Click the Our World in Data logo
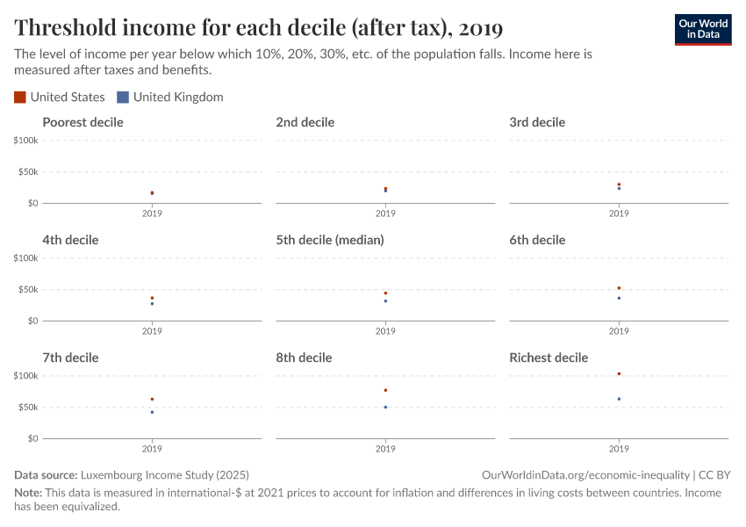pos(702,29)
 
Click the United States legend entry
pos(60,97)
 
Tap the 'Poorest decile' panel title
pos(82,122)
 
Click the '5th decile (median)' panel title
pos(330,240)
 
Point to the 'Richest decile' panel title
pos(549,357)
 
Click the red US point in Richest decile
pos(619,374)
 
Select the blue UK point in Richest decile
pos(619,399)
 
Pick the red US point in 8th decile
pos(385,390)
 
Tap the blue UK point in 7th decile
pos(152,412)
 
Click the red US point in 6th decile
pos(619,288)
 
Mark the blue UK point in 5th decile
pos(385,301)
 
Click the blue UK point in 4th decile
pos(152,303)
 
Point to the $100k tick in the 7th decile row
pos(25,376)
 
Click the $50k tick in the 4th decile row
pos(27,290)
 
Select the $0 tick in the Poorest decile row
pos(32,203)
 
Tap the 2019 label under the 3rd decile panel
pos(619,213)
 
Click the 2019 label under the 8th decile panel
pos(385,449)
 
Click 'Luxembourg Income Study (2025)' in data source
pos(166,474)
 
